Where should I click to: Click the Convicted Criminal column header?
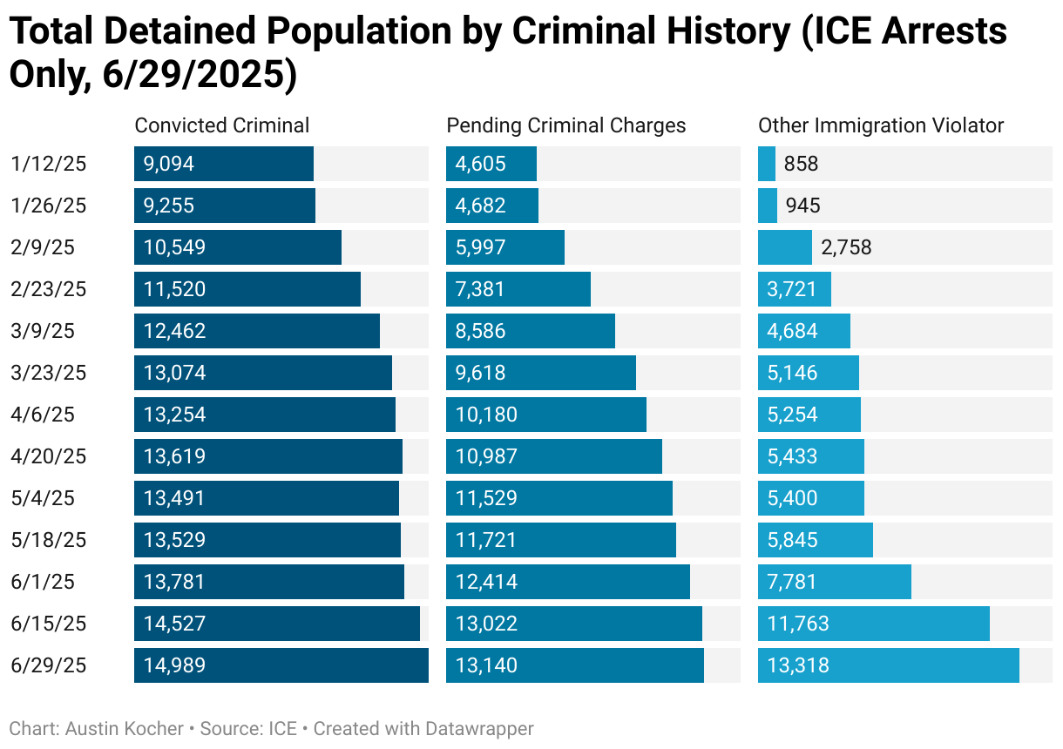(x=221, y=125)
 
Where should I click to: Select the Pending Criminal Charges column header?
(x=565, y=125)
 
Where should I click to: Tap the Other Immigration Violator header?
(x=881, y=125)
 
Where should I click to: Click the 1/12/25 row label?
(x=50, y=164)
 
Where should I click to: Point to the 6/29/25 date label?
(x=50, y=665)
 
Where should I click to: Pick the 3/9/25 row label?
(x=44, y=331)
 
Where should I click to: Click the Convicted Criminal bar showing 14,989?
(x=281, y=665)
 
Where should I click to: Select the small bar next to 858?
(x=767, y=164)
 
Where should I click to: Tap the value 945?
(x=802, y=206)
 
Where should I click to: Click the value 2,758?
(x=845, y=247)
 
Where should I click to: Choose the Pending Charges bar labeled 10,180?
(x=545, y=415)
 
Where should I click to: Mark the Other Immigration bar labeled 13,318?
(x=888, y=665)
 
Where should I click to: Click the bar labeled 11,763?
(x=873, y=624)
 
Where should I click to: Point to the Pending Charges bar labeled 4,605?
(x=491, y=164)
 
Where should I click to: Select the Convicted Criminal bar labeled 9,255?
(x=224, y=206)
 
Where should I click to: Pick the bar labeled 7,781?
(x=834, y=582)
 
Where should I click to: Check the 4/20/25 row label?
(x=50, y=456)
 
